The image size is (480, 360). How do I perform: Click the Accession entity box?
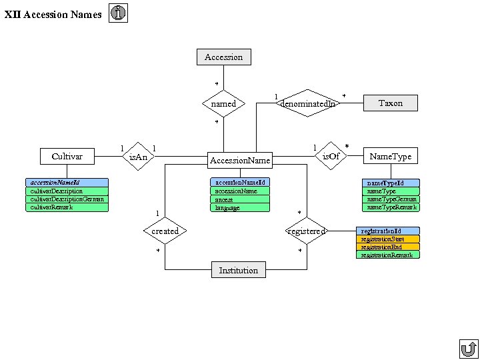coord(224,57)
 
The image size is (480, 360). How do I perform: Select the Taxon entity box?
coord(391,103)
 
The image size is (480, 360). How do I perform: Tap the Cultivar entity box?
coord(67,156)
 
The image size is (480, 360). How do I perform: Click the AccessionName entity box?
coord(240,160)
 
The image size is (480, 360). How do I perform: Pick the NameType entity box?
coord(391,156)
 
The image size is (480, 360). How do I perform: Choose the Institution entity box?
coord(238,270)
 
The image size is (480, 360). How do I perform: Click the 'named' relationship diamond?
coord(223,103)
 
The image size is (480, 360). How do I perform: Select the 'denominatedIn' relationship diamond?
coord(307,103)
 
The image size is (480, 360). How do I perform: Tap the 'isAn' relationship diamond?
coord(138,156)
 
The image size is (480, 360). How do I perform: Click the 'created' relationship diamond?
coord(165,231)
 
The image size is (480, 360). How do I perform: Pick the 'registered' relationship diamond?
coord(307,231)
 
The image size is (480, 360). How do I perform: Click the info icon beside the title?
coord(118,13)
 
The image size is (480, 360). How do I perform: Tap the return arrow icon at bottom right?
coord(468,349)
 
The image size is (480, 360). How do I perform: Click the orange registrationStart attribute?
coord(388,239)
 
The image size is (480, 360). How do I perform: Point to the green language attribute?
coord(240,208)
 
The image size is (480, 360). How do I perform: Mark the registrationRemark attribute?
coord(388,255)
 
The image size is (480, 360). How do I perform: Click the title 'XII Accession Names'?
coord(53,14)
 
